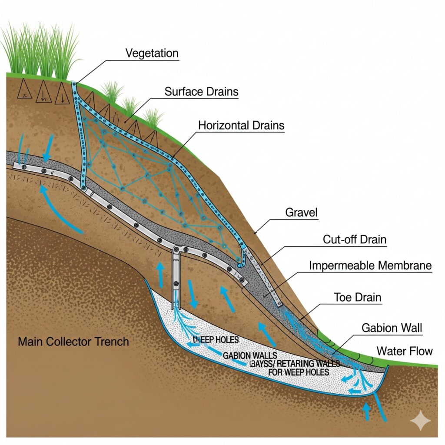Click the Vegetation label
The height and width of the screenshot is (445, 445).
[152, 53]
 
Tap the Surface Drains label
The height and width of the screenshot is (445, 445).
[201, 92]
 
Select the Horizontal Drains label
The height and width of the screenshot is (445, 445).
[241, 126]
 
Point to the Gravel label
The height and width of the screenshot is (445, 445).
[301, 213]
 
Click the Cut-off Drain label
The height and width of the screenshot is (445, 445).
[355, 239]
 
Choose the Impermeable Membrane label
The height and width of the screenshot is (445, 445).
[370, 265]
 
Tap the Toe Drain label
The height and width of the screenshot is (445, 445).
[358, 297]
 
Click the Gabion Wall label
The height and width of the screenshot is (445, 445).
[392, 328]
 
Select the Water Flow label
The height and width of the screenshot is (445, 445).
[405, 350]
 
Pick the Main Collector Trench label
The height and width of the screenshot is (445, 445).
[73, 342]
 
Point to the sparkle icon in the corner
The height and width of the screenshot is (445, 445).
[421, 421]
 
